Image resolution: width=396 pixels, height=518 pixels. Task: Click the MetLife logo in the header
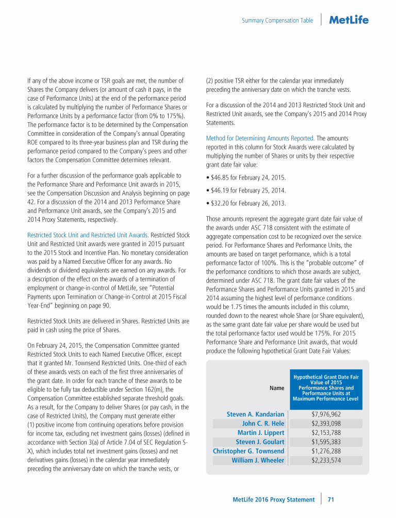click(x=349, y=20)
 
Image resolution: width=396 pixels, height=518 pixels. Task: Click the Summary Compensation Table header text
click(x=277, y=21)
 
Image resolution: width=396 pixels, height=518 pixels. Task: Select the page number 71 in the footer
click(x=331, y=499)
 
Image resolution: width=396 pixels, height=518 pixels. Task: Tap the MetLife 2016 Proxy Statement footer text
click(x=273, y=499)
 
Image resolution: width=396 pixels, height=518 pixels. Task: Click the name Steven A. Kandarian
click(x=255, y=414)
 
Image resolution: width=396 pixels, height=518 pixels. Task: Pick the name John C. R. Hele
click(x=263, y=424)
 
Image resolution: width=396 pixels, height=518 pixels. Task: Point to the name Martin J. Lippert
click(x=260, y=432)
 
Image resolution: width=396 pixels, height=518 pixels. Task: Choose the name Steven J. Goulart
click(x=260, y=442)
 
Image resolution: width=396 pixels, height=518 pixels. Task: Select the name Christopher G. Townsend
click(x=249, y=451)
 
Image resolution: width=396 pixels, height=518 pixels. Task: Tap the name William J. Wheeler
click(x=258, y=460)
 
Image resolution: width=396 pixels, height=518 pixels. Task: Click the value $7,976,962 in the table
click(x=326, y=414)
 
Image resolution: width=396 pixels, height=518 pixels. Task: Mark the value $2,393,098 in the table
click(x=326, y=424)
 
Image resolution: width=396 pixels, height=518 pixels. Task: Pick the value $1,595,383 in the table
click(x=326, y=442)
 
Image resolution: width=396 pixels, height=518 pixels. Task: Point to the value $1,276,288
click(x=326, y=451)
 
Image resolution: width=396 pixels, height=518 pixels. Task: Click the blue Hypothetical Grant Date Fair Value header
click(x=326, y=388)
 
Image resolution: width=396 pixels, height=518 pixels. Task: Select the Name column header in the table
click(x=277, y=388)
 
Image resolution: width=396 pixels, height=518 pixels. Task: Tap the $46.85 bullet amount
click(x=221, y=177)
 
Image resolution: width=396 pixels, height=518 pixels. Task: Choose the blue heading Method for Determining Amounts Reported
click(x=260, y=138)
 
